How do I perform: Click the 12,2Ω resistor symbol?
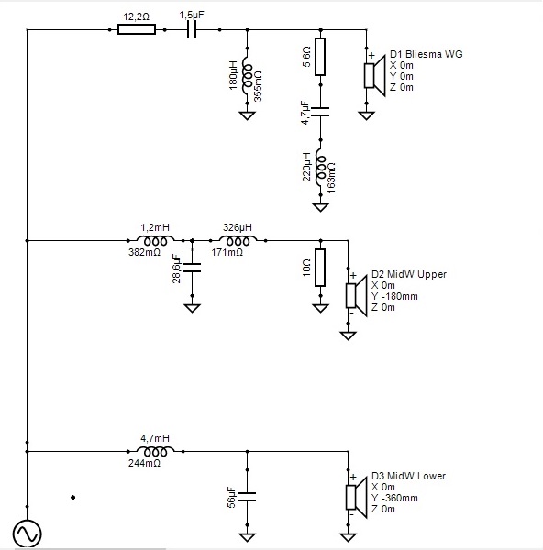coord(137,30)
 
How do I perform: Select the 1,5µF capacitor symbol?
coord(192,30)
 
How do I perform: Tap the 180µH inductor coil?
coord(248,76)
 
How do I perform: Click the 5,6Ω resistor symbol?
coord(320,57)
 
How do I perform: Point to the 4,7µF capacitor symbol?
coord(320,112)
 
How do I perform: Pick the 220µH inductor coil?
coord(321,168)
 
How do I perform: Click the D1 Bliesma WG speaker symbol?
coord(375,76)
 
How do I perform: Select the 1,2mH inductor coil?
coord(155,240)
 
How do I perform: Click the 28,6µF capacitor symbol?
coord(192,268)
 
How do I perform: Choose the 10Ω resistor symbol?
coord(320,268)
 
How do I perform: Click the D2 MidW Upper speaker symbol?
coord(357,296)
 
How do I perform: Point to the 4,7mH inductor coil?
coord(155,451)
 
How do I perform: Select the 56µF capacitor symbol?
coord(247,497)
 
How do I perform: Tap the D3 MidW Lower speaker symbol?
coord(357,498)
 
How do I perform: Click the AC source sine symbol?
coord(27,533)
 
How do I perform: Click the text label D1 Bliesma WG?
coord(427,54)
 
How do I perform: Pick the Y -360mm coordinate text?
coord(395,498)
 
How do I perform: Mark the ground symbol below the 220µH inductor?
coord(320,207)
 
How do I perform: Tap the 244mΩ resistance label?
coord(144,463)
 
